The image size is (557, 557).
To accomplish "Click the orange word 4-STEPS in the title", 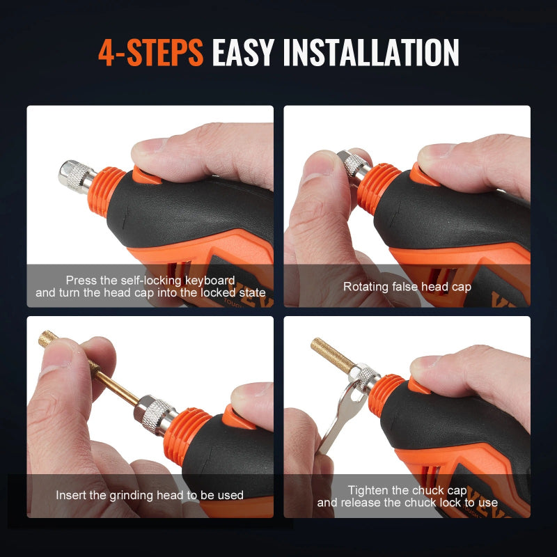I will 150,53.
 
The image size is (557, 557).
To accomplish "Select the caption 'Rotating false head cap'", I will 407,286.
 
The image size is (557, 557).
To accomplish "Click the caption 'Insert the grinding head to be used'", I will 150,495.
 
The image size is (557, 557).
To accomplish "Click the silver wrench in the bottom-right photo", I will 336,425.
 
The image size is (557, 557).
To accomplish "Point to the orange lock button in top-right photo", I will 422,171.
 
